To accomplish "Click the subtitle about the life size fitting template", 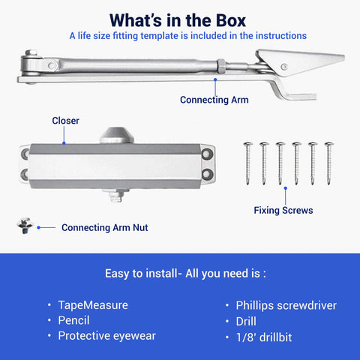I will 187,35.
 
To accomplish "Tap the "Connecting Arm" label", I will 214,99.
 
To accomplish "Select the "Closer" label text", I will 65,120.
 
